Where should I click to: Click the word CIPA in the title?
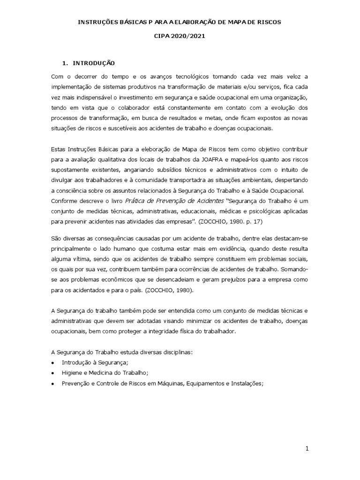point(162,36)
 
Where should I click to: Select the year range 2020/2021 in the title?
point(188,36)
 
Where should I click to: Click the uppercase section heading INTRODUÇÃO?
point(93,63)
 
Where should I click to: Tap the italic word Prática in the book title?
point(137,201)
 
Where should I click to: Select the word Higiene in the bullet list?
point(72,373)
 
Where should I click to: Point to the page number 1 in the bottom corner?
point(307,449)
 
